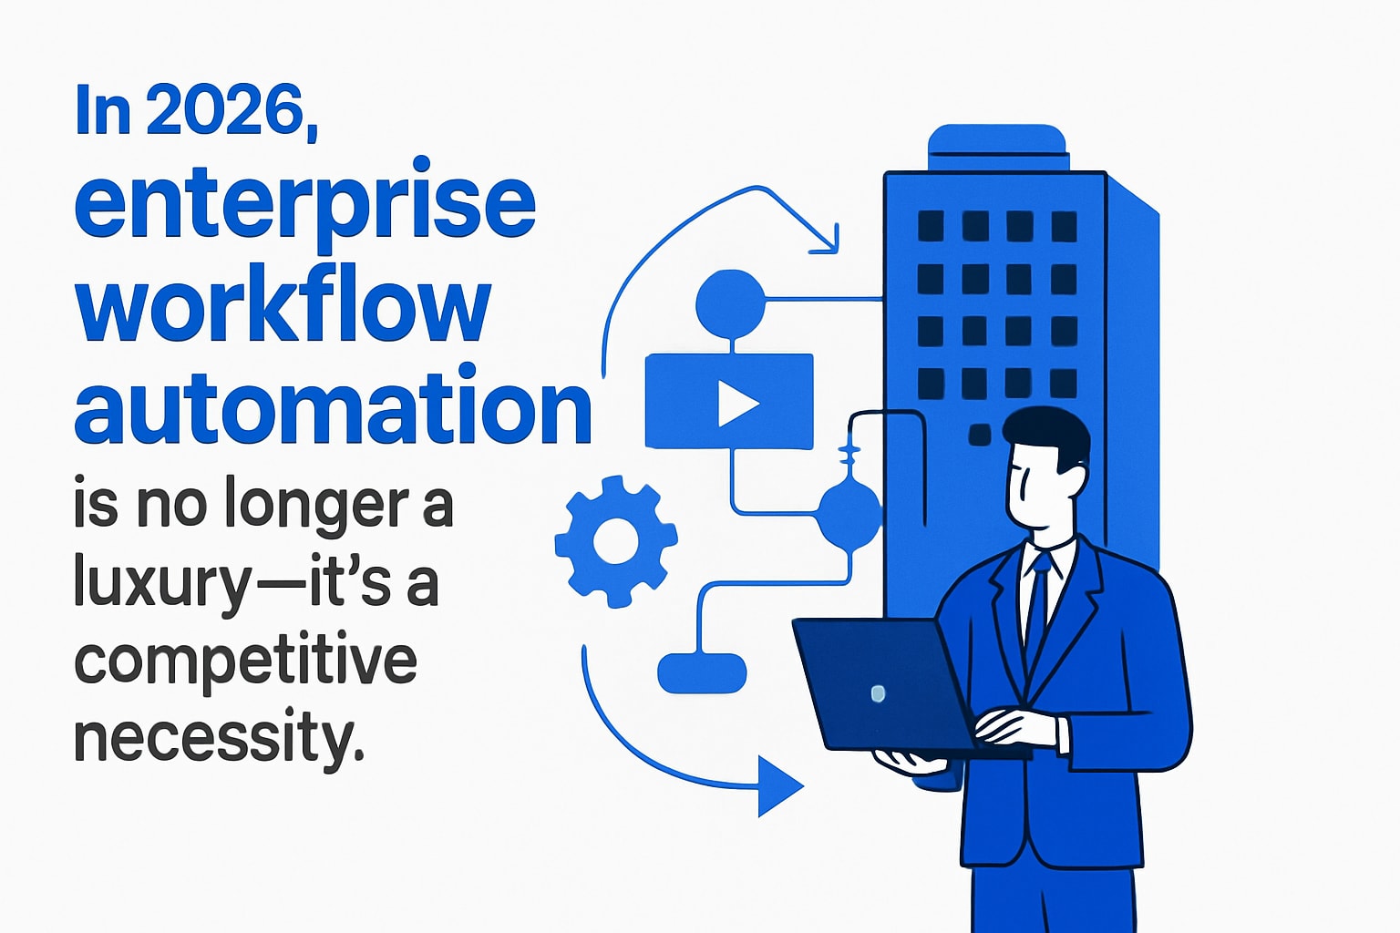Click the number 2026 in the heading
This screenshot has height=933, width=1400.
pyautogui.click(x=224, y=111)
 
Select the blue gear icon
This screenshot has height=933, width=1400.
pyautogui.click(x=615, y=540)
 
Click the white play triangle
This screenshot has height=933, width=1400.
pyautogui.click(x=736, y=403)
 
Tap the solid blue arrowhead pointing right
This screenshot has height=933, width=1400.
pyautogui.click(x=777, y=784)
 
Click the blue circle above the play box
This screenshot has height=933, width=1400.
pyautogui.click(x=730, y=303)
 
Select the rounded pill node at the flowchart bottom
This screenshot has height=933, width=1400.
pyautogui.click(x=702, y=673)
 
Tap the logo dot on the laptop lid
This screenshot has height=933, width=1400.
pyautogui.click(x=878, y=694)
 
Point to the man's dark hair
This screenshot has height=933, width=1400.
pyautogui.click(x=1048, y=433)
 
